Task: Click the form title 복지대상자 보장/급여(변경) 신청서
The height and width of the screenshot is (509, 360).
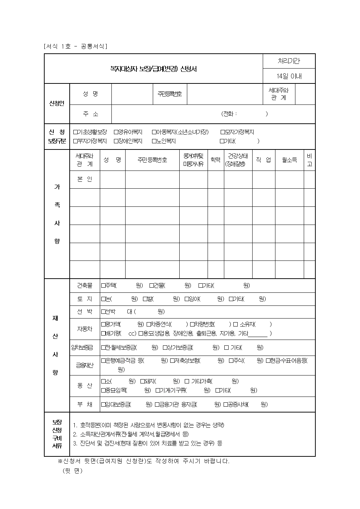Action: click(153, 69)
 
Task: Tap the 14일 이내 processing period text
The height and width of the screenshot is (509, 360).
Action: click(289, 76)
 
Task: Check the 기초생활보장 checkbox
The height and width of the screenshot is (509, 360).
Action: click(75, 132)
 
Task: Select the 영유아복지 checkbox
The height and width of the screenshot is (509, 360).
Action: click(116, 132)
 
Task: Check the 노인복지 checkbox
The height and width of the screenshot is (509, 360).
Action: click(154, 141)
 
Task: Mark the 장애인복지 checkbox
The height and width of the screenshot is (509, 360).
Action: click(116, 141)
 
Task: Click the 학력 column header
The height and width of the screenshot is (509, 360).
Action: click(216, 160)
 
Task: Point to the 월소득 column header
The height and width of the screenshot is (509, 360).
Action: click(289, 160)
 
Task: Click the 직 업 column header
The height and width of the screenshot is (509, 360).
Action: click(263, 160)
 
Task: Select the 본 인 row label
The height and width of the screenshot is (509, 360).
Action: click(85, 179)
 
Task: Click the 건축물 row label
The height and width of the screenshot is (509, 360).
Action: click(85, 286)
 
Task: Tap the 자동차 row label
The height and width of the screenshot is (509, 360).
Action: click(85, 329)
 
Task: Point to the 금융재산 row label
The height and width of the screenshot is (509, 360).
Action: click(85, 365)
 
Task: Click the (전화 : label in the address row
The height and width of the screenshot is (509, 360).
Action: click(229, 114)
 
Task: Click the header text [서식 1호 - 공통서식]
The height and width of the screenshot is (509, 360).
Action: click(75, 46)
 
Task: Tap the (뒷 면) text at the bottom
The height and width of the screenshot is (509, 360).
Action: click(73, 471)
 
